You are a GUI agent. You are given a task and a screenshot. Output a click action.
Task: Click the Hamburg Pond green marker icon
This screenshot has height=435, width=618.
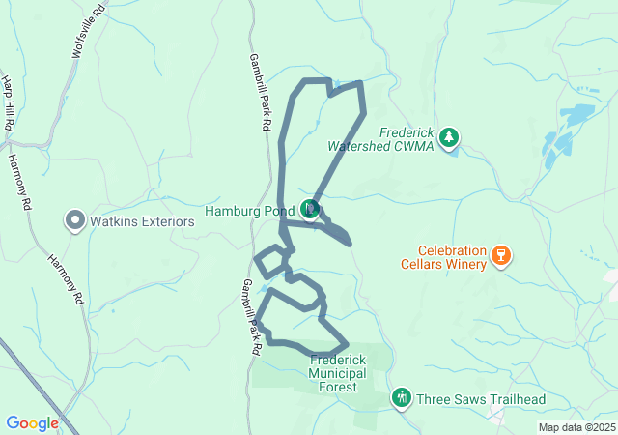[x=310, y=209]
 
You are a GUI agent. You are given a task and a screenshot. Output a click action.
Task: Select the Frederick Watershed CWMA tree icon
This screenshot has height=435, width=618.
[x=448, y=138]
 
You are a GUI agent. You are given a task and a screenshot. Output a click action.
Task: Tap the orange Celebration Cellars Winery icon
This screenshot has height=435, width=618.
[x=500, y=256]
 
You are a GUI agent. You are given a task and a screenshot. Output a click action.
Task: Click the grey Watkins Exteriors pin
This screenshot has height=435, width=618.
[x=75, y=221]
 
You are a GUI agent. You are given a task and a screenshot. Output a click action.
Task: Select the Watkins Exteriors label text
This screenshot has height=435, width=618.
[x=142, y=221]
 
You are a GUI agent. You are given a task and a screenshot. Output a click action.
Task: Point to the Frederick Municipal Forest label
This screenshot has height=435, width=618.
[x=333, y=372]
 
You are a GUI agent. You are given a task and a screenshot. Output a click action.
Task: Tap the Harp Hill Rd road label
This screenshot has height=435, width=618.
[x=7, y=103]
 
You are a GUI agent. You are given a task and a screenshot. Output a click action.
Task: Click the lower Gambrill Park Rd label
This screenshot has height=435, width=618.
[x=253, y=318]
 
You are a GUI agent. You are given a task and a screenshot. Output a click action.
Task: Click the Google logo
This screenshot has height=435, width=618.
[x=32, y=423]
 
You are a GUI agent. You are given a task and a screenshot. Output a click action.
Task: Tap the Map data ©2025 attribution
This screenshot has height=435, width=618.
[x=576, y=427]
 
